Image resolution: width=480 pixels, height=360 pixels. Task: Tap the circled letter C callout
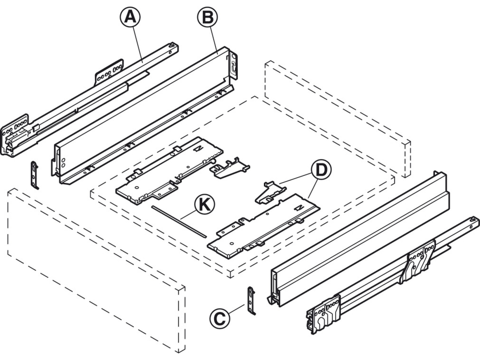[220, 318]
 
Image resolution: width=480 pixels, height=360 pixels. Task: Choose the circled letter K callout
[205, 206]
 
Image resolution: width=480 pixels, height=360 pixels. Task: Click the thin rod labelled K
[179, 221]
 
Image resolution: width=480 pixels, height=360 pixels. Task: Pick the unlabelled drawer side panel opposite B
[357, 240]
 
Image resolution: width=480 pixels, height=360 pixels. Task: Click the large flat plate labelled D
[264, 227]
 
